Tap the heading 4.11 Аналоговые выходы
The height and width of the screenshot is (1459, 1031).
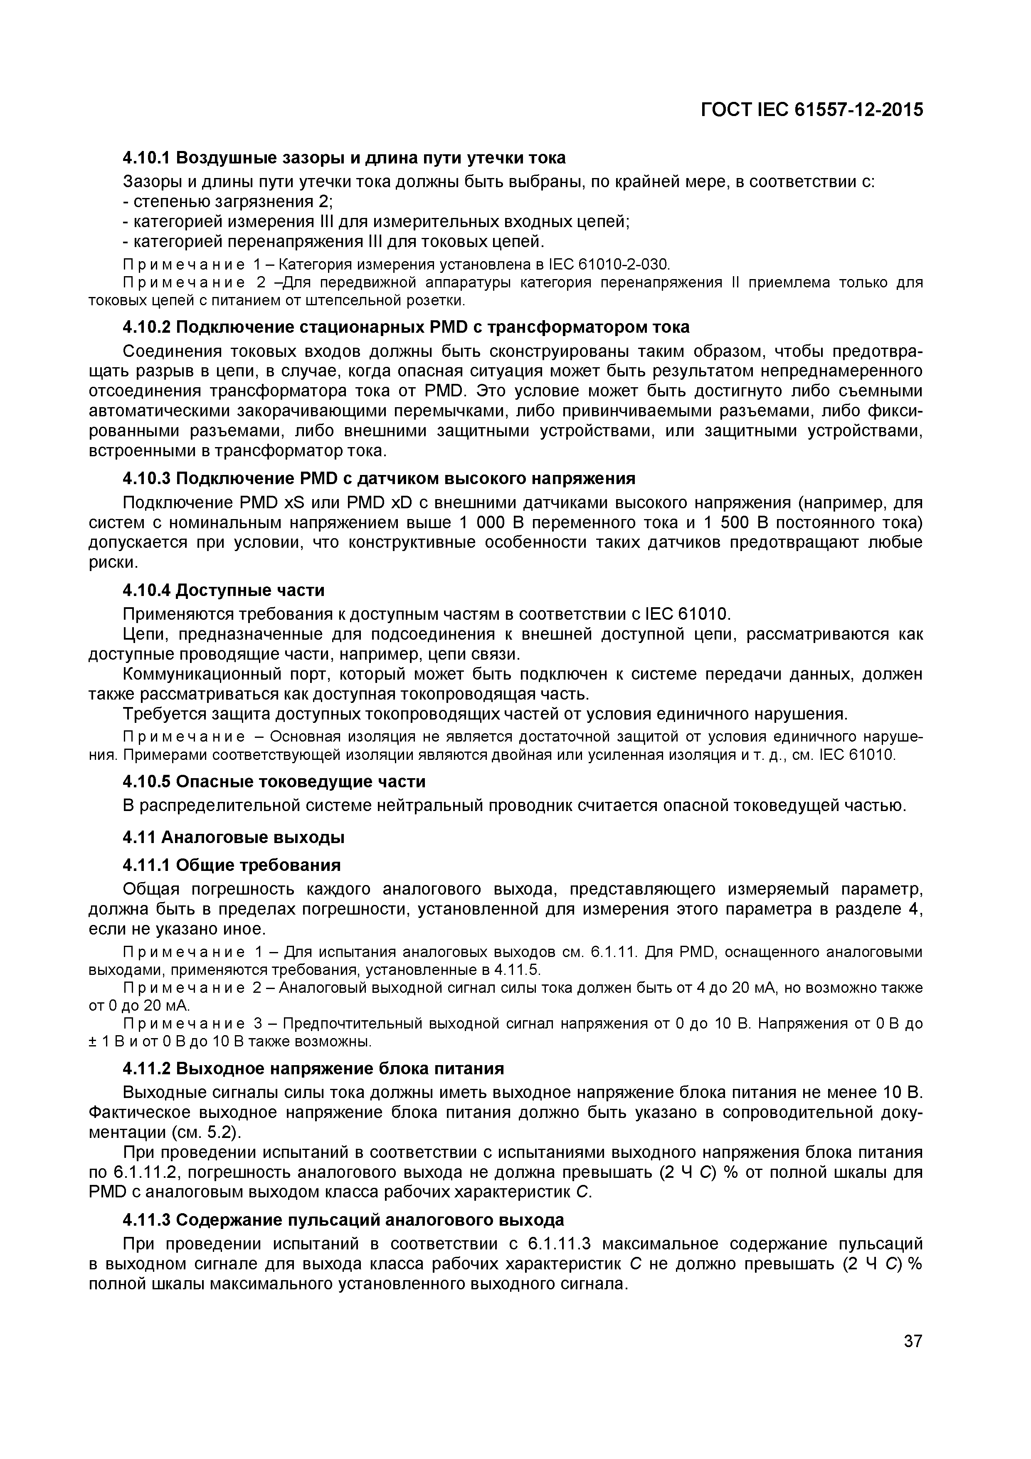pos(233,838)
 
